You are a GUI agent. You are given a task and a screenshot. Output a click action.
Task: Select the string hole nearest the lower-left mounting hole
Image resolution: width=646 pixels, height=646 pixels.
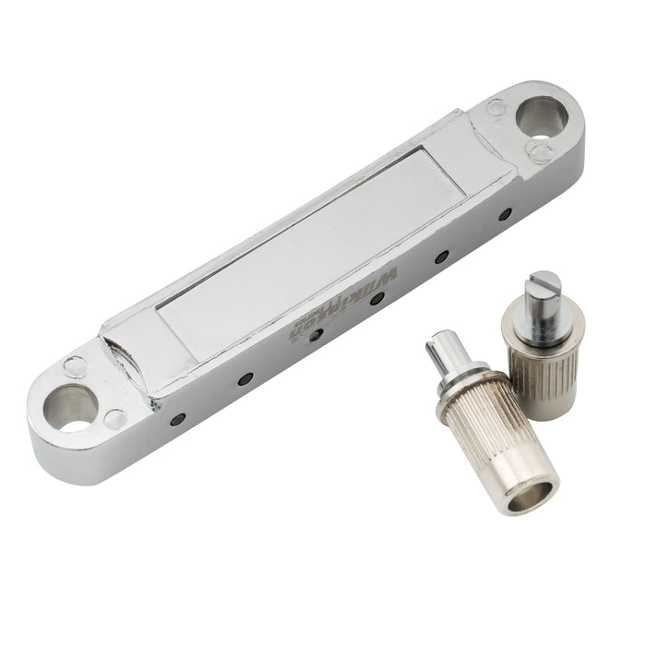point(177,419)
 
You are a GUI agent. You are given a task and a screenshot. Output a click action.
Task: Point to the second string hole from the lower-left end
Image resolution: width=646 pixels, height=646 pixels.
point(245,378)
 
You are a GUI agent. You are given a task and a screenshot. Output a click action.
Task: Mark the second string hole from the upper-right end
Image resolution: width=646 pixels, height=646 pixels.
point(441,257)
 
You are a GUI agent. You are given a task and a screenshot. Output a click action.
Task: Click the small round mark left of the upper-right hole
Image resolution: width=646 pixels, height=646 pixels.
point(496,107)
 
